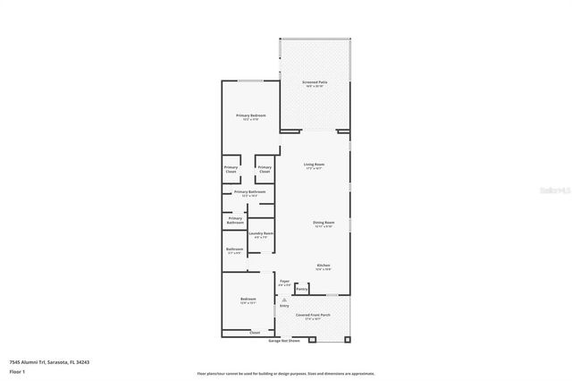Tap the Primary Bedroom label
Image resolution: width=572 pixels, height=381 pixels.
coord(251,116)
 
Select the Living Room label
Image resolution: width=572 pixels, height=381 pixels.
coord(313,165)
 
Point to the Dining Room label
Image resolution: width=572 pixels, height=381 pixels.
coord(323,223)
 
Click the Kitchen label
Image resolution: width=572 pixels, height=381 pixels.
coord(324,266)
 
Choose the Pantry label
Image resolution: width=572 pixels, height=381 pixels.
coord(302,289)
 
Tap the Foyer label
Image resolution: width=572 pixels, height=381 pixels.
coord(284,282)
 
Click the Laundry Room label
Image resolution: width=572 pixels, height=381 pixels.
coord(261,234)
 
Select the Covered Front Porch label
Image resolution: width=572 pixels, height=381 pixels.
coord(314,316)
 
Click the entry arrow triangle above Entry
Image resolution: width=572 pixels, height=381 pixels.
coord(284,299)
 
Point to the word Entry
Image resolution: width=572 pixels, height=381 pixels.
coord(284,306)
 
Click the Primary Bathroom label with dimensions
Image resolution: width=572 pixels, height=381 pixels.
coord(251,192)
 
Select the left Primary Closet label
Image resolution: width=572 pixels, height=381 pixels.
coord(231,169)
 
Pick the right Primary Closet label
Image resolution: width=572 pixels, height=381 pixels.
coord(265,169)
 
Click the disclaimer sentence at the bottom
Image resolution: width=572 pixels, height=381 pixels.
coord(286,372)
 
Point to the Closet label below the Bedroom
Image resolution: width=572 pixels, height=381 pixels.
coord(255,332)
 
